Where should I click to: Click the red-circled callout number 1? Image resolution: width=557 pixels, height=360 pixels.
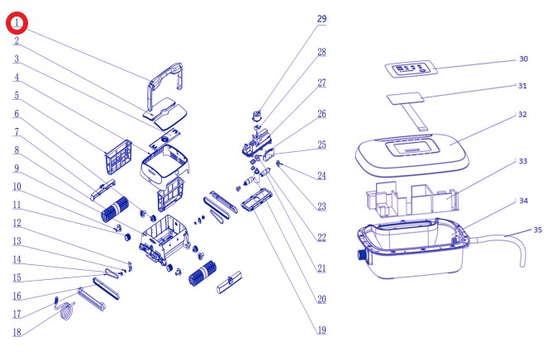(17, 23)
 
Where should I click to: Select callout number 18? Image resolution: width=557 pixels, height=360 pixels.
(17, 332)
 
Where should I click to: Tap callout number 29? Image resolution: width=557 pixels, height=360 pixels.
(321, 19)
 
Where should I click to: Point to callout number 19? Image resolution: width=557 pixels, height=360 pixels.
(321, 330)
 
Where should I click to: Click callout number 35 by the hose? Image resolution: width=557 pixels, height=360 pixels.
(538, 230)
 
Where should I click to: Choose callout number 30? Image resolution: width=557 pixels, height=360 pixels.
(524, 59)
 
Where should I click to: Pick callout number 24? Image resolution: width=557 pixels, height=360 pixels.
(321, 176)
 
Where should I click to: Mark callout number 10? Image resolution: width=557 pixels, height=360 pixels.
(17, 187)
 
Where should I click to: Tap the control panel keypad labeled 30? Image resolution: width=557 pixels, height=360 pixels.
(412, 69)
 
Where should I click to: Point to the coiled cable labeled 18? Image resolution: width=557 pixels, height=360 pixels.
(67, 311)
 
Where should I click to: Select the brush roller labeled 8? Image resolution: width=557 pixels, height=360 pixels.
(115, 209)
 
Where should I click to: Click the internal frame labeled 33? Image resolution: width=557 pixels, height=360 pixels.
(412, 199)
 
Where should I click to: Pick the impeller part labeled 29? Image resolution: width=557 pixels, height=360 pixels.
(257, 115)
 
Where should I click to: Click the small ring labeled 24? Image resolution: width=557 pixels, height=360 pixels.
(278, 163)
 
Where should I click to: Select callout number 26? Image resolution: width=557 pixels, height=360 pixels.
(321, 114)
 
